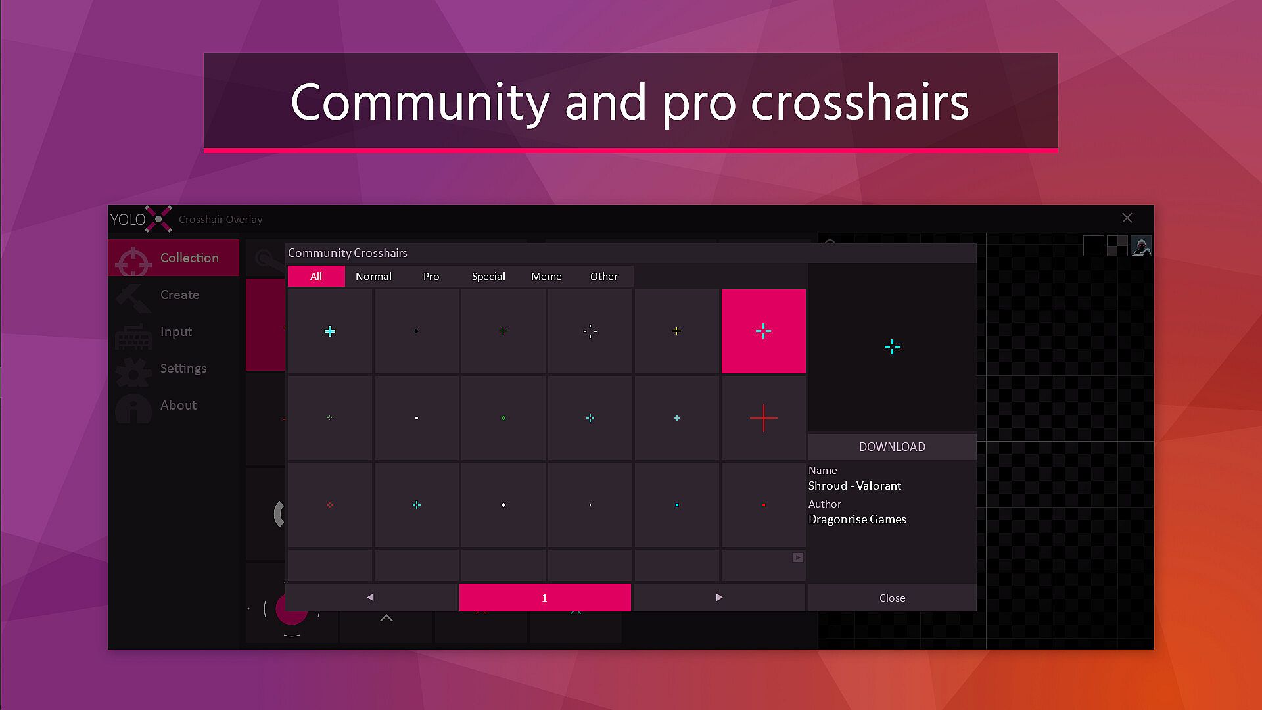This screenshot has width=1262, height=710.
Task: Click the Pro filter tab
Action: (x=431, y=276)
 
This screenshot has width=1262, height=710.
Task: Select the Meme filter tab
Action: (x=546, y=276)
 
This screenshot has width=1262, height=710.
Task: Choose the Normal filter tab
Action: (x=373, y=276)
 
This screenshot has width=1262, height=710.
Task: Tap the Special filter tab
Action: (x=488, y=276)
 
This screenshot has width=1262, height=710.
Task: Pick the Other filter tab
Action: (x=603, y=276)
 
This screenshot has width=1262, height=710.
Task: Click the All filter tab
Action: (x=316, y=276)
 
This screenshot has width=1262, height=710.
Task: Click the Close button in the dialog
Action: (x=892, y=598)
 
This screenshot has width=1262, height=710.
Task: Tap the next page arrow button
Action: (x=719, y=598)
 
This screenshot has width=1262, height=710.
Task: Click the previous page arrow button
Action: (x=371, y=598)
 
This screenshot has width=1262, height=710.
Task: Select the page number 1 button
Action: (x=545, y=598)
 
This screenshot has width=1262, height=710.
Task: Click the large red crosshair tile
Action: (x=764, y=418)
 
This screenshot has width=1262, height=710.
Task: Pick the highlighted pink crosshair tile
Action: (x=764, y=331)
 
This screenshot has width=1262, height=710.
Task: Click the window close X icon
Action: (x=1127, y=218)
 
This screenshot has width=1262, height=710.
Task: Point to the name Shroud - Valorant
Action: (x=854, y=486)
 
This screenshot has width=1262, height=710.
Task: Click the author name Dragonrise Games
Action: (x=857, y=519)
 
